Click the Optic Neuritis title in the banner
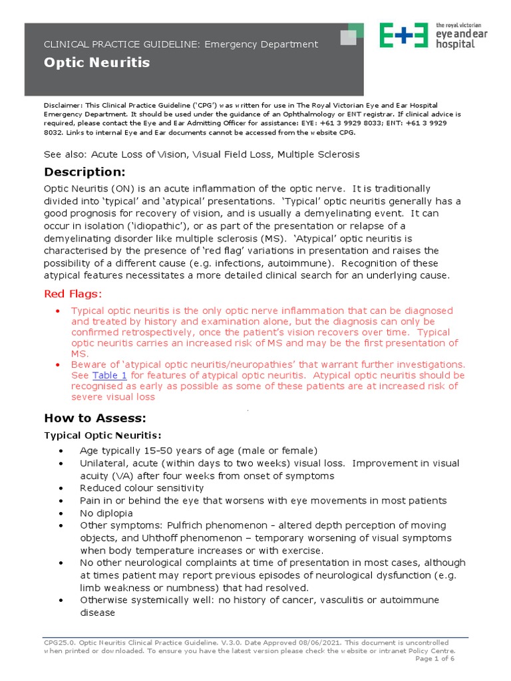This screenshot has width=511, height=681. point(96,63)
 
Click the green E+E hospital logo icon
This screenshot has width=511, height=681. point(403,35)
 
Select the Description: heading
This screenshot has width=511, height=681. point(85,172)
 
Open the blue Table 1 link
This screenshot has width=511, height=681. point(109,375)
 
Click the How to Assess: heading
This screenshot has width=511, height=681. point(94,418)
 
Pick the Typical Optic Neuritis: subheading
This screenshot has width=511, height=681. point(102,435)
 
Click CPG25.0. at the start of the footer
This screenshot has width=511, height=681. point(61,643)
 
